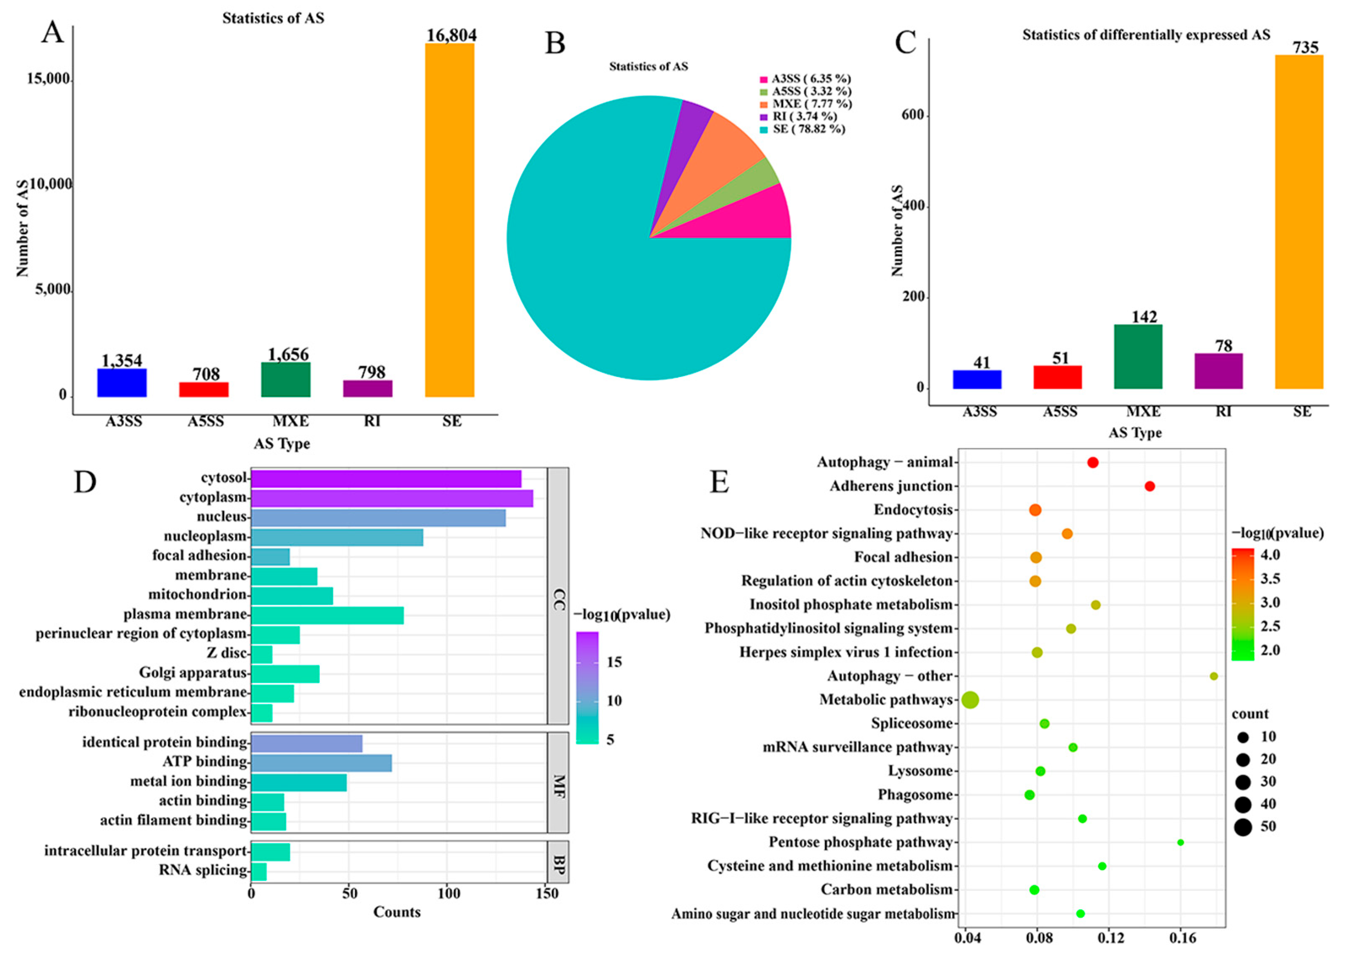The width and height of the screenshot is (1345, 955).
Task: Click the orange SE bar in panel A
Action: (449, 220)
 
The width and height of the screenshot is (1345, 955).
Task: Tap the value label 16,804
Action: (451, 35)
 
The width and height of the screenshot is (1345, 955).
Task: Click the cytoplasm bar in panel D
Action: (392, 498)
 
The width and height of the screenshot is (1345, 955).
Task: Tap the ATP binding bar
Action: (321, 763)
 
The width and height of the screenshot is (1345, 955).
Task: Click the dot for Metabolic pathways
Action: (971, 700)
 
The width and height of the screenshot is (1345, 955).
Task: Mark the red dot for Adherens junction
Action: (1150, 486)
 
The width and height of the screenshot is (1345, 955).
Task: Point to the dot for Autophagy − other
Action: (1213, 676)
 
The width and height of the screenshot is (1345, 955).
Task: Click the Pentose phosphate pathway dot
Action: (1180, 842)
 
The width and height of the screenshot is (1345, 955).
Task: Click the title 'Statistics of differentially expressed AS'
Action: (1146, 35)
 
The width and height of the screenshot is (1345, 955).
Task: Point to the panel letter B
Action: (555, 44)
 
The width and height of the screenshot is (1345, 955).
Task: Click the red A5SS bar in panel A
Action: (204, 389)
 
